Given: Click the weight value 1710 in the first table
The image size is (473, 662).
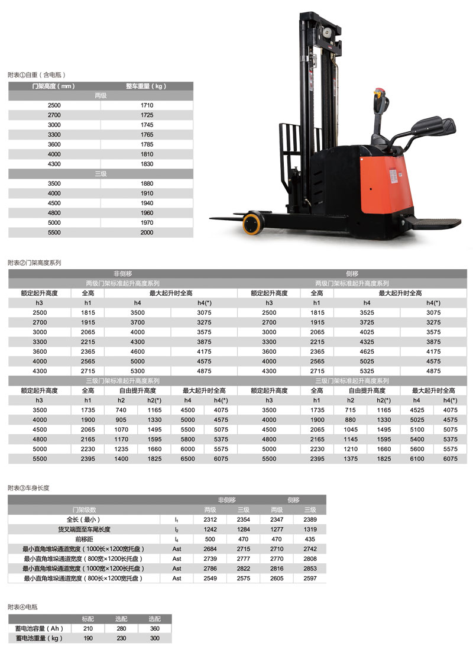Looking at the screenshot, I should click(147, 105).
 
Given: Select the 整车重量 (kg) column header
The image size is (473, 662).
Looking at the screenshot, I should click(147, 86).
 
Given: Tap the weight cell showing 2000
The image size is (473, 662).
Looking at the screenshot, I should click(147, 232).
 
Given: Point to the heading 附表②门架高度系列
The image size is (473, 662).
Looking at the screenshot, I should click(34, 262).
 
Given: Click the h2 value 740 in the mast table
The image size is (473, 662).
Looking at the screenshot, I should click(121, 410).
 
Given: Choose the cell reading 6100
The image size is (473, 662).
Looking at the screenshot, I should click(417, 458).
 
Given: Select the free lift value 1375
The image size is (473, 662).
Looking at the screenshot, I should click(350, 458).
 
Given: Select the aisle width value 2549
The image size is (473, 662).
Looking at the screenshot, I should click(210, 578).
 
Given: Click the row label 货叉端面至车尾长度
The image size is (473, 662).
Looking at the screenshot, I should click(84, 529).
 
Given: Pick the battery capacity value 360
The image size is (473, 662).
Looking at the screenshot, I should click(155, 629).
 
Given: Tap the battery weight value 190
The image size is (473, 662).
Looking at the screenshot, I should click(88, 638).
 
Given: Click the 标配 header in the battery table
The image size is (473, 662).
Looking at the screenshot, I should click(88, 619).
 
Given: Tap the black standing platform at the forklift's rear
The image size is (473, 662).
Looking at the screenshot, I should click(435, 223).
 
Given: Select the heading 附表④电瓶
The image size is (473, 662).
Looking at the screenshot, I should click(23, 607).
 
